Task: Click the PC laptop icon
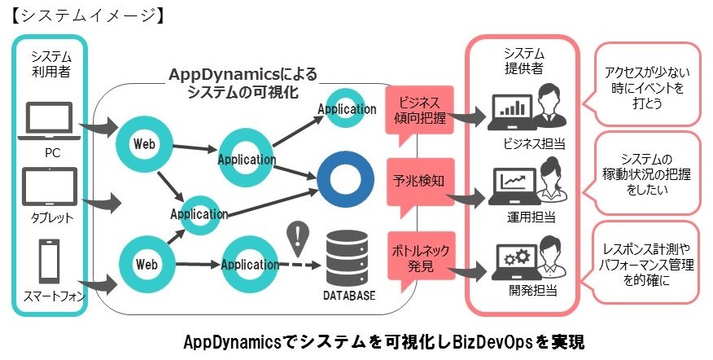coord(49,121)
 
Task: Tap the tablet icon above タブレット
coord(50,187)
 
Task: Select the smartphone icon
coord(49,261)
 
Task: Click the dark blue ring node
coord(345,179)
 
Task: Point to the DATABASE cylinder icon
coord(348,257)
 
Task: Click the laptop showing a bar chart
coord(510,112)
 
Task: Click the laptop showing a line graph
coord(513,187)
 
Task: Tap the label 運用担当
coord(531,217)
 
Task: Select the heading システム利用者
coord(51,64)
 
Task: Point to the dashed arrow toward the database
coord(300,265)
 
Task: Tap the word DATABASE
coord(349,296)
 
